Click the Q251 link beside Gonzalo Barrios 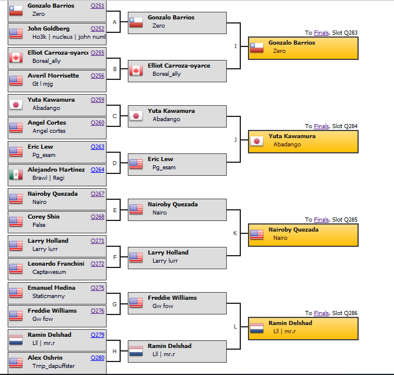pyautogui.click(x=97, y=6)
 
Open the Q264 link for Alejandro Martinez pyautogui.click(x=97, y=170)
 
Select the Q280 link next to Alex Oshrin pyautogui.click(x=97, y=358)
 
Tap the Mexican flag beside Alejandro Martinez pyautogui.click(x=16, y=175)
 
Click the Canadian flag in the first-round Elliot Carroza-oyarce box pyautogui.click(x=16, y=56)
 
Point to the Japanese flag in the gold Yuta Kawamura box pyautogui.click(x=256, y=140)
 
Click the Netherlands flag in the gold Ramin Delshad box pyautogui.click(x=256, y=328)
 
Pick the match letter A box pyautogui.click(x=115, y=22)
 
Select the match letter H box pyautogui.click(x=115, y=351)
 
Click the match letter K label pyautogui.click(x=235, y=233)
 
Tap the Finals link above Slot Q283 pyautogui.click(x=321, y=33)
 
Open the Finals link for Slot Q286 pyautogui.click(x=321, y=313)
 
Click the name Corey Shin pyautogui.click(x=44, y=217)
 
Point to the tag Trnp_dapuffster pyautogui.click(x=54, y=366)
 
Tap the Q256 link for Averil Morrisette pyautogui.click(x=97, y=76)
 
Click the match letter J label pyautogui.click(x=235, y=139)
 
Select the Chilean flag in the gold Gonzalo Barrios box pyautogui.click(x=256, y=48)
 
